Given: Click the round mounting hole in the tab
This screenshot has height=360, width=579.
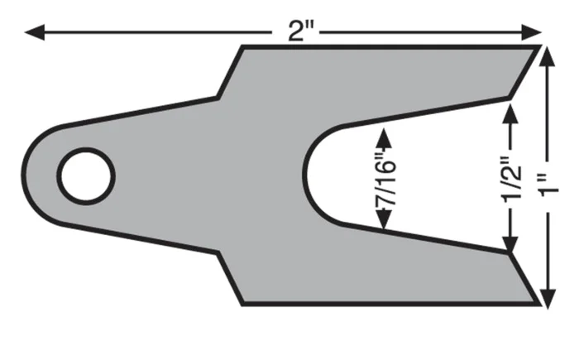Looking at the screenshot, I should coord(86,175).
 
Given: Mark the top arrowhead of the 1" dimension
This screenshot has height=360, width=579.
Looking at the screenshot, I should coord(547,55).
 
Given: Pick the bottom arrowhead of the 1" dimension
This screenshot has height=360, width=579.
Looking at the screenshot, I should coord(547,297).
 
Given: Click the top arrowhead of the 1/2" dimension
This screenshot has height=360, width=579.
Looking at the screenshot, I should coord(513,108).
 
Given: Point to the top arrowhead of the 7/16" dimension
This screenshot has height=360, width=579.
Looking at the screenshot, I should coord(383,132).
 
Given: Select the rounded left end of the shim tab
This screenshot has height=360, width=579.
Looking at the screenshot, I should coord(25,175).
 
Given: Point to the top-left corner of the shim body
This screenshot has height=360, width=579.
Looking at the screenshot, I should coord(242,47).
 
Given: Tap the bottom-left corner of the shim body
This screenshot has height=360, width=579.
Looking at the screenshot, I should coord(242,304).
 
